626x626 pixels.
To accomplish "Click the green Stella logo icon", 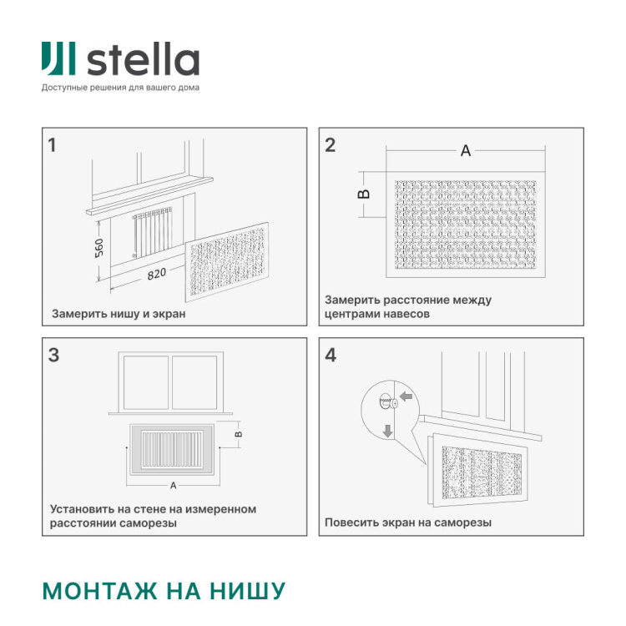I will [x=60, y=60].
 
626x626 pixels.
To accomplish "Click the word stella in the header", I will [x=143, y=60].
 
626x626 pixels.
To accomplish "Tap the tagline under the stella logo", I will [x=120, y=87].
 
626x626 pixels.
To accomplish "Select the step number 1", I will [x=53, y=145].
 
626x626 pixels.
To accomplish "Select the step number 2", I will [x=330, y=145].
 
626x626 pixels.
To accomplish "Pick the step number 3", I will [x=53, y=355].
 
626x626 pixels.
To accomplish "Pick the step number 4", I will [x=331, y=355].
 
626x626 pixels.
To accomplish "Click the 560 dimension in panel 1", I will [x=99, y=248].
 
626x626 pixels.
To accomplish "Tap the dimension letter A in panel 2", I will [x=466, y=151].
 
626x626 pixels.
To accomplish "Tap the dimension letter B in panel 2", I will [x=363, y=194].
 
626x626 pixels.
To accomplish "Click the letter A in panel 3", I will [x=173, y=485].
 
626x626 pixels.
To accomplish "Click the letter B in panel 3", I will [x=238, y=434].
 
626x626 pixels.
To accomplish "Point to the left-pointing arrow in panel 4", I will [x=406, y=397].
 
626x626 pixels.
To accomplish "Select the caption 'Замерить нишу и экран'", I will [x=119, y=315].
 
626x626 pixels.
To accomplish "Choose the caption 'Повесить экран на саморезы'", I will [x=407, y=523].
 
